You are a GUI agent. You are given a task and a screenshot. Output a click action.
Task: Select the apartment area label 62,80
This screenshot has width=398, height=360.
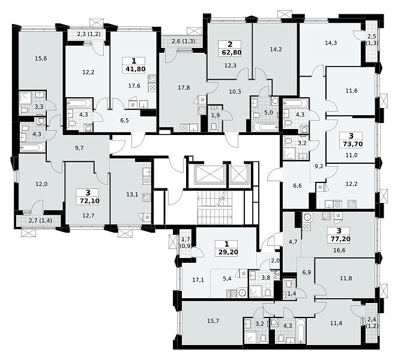[231, 53]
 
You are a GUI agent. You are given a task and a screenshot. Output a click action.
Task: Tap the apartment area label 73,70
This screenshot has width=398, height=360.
[352, 144]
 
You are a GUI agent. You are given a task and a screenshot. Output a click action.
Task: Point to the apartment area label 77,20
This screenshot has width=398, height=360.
[340, 239]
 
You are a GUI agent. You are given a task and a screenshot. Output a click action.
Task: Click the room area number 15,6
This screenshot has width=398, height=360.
[41, 59]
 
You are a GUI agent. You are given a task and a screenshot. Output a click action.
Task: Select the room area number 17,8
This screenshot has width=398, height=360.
[184, 88]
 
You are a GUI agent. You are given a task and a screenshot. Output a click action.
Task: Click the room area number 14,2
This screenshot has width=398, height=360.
[276, 49]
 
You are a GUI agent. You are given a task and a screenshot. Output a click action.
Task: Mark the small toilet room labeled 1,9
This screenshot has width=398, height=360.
[216, 118]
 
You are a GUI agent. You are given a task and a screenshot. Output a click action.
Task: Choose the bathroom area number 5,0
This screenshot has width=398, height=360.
[268, 112]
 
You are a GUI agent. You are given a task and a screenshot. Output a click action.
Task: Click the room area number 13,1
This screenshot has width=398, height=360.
[133, 194]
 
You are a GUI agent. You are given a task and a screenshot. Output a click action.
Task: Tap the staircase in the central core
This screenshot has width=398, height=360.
[215, 208]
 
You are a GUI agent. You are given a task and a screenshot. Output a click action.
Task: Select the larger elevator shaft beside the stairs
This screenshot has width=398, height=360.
[210, 175]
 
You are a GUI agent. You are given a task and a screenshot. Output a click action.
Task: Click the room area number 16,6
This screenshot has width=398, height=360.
[340, 250]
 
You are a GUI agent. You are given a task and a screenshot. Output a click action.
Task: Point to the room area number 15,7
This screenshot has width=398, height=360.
[213, 321]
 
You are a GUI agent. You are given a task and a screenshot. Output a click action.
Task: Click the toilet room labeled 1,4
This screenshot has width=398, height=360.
[290, 289]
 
